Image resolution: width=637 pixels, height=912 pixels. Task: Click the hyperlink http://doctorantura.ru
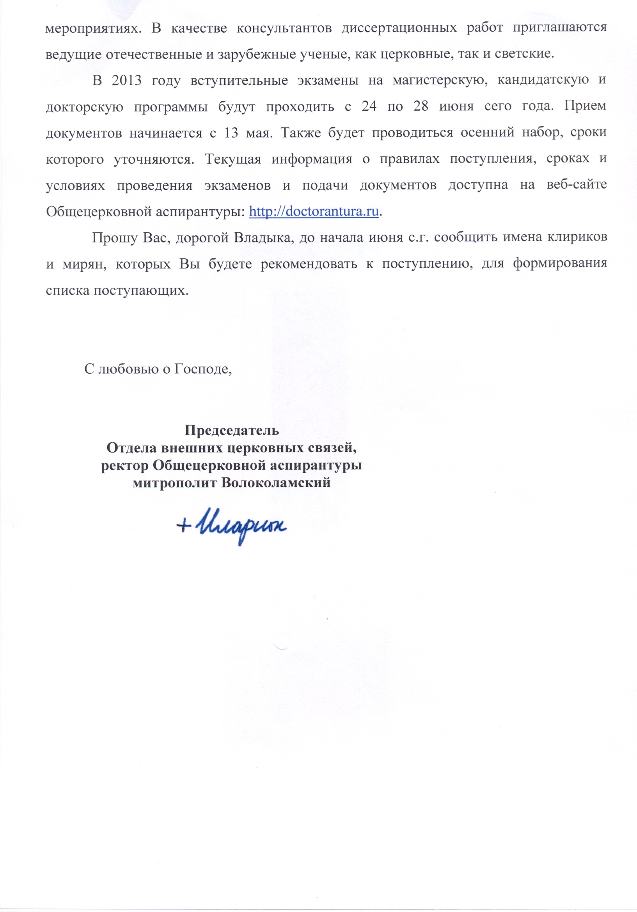[314, 211]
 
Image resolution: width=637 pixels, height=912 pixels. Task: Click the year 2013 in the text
[126, 80]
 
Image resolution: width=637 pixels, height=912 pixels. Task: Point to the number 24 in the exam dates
[369, 106]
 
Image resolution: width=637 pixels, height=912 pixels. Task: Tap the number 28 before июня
[421, 106]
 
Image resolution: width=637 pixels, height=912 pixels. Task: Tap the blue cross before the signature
[184, 526]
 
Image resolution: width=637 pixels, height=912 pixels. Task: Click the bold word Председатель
[232, 430]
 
